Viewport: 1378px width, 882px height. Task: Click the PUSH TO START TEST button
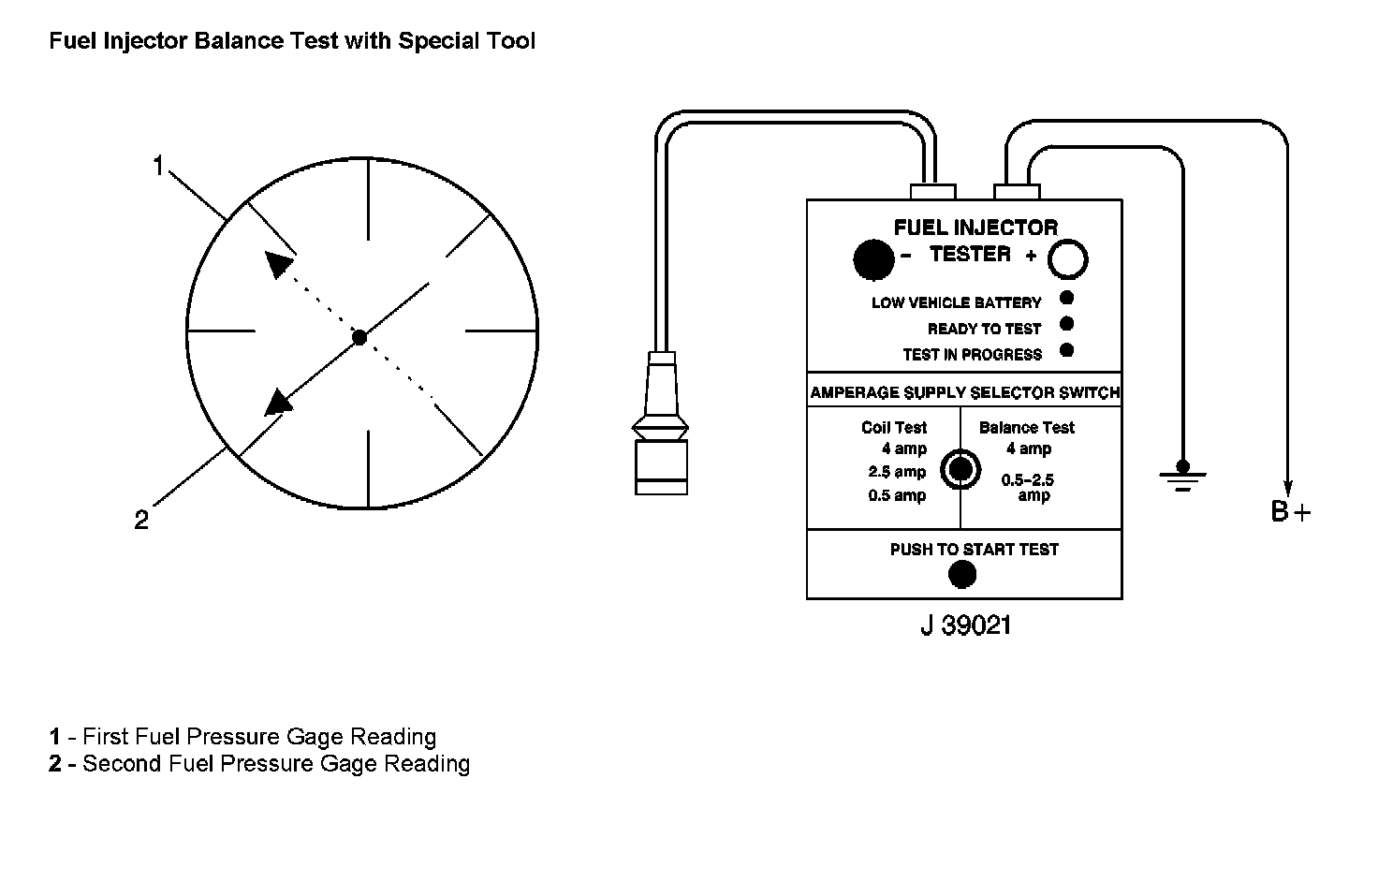pos(961,574)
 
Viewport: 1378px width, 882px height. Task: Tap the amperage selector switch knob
pos(960,468)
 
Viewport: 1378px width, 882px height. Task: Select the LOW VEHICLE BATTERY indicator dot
pos(1066,299)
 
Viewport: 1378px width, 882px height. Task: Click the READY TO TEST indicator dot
pos(1066,324)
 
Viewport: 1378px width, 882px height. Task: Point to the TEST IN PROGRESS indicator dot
pos(1066,350)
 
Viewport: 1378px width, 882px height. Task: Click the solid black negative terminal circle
pos(874,259)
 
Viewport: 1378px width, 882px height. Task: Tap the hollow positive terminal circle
pos(1067,259)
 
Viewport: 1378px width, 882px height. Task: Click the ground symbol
pos(1182,476)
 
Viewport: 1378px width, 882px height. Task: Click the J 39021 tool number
pos(965,625)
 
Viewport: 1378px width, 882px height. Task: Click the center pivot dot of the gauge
pos(359,336)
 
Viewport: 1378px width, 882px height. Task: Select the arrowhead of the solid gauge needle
pos(278,402)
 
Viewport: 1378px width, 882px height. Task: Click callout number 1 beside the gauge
pos(158,167)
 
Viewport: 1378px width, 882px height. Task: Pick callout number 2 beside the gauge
pos(141,521)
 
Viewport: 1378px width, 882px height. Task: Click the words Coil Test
pos(894,428)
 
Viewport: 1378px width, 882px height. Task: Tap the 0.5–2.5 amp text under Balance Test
pos(1028,488)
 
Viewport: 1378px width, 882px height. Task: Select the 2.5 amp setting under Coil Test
pos(897,472)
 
